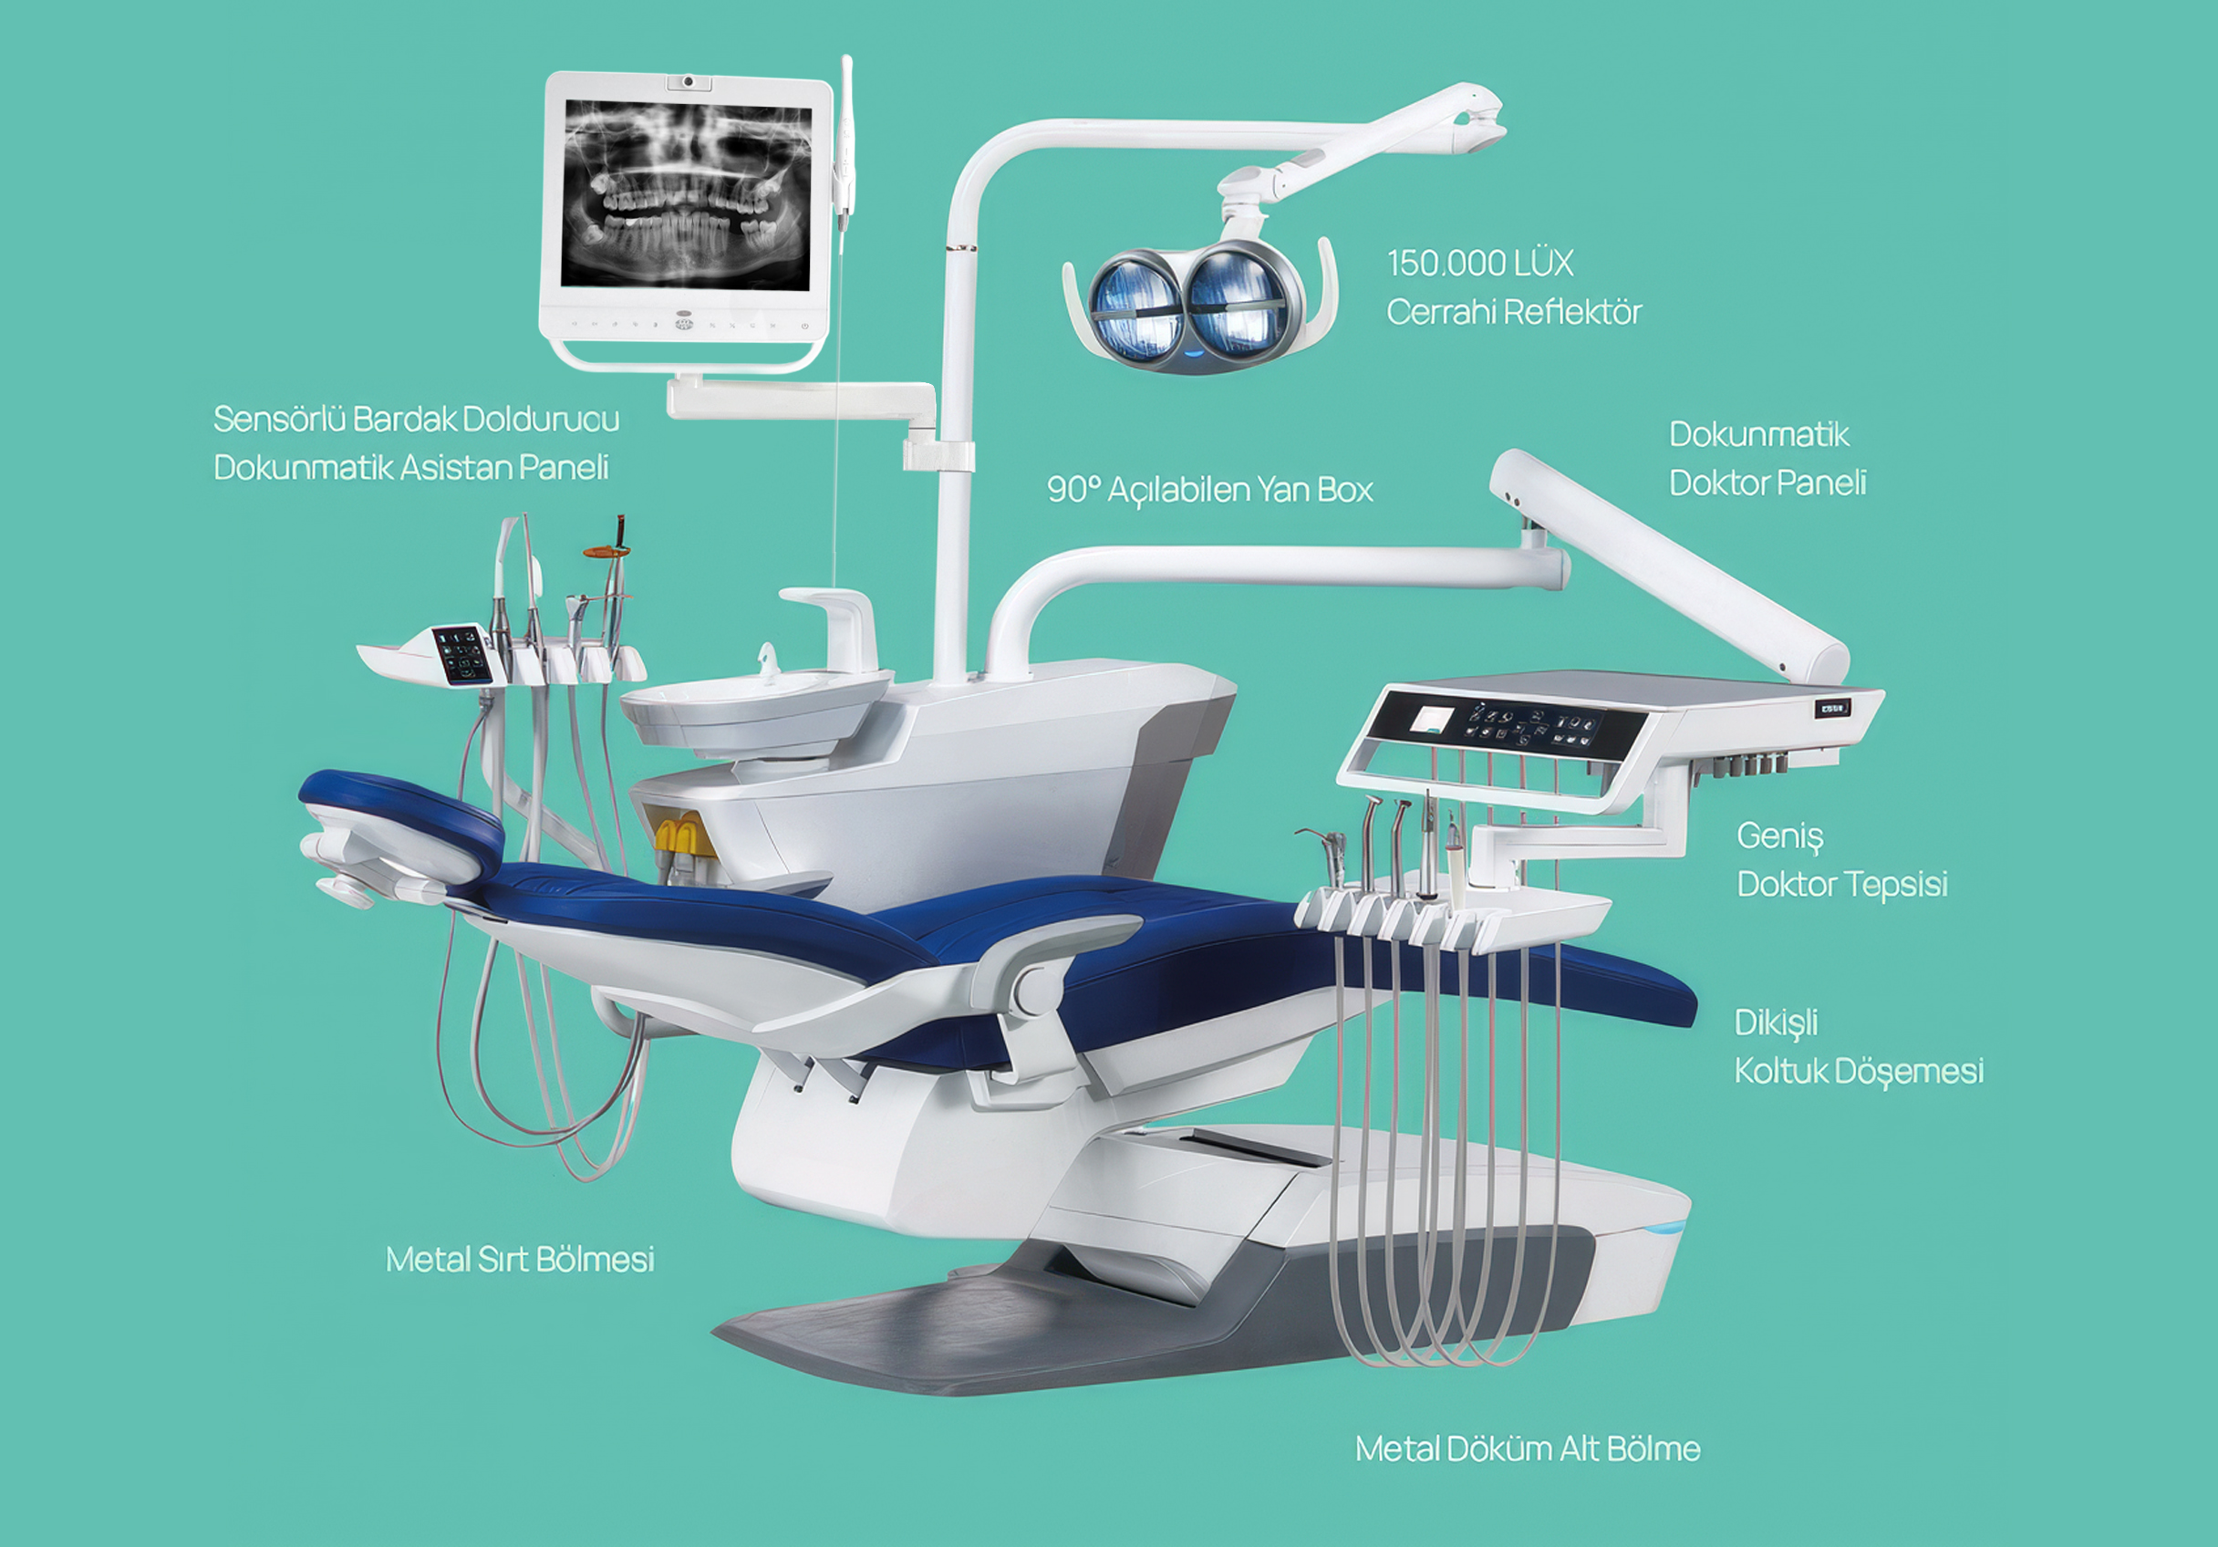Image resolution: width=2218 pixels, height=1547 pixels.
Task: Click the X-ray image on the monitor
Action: coord(686,193)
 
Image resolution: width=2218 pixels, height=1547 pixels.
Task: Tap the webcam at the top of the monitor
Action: coord(688,81)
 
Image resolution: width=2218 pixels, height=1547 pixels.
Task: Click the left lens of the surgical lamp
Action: coord(1136,306)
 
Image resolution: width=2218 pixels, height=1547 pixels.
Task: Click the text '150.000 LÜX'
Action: coord(1480,263)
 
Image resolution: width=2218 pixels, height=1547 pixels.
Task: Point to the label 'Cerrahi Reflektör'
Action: coord(1514,312)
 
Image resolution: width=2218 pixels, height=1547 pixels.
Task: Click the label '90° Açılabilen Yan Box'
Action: coord(1209,490)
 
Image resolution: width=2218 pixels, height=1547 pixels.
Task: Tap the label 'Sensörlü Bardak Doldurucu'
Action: coord(417,420)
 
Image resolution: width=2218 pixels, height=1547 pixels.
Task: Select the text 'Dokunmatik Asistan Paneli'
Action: coord(410,468)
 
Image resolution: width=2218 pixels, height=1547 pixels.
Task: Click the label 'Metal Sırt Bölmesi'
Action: coord(520,1259)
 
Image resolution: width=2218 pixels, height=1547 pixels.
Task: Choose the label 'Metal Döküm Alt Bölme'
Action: coord(1528,1448)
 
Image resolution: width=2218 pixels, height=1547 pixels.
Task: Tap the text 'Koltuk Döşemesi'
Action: coord(1859,1072)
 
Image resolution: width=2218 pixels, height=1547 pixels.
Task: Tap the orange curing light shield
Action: coord(606,552)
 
